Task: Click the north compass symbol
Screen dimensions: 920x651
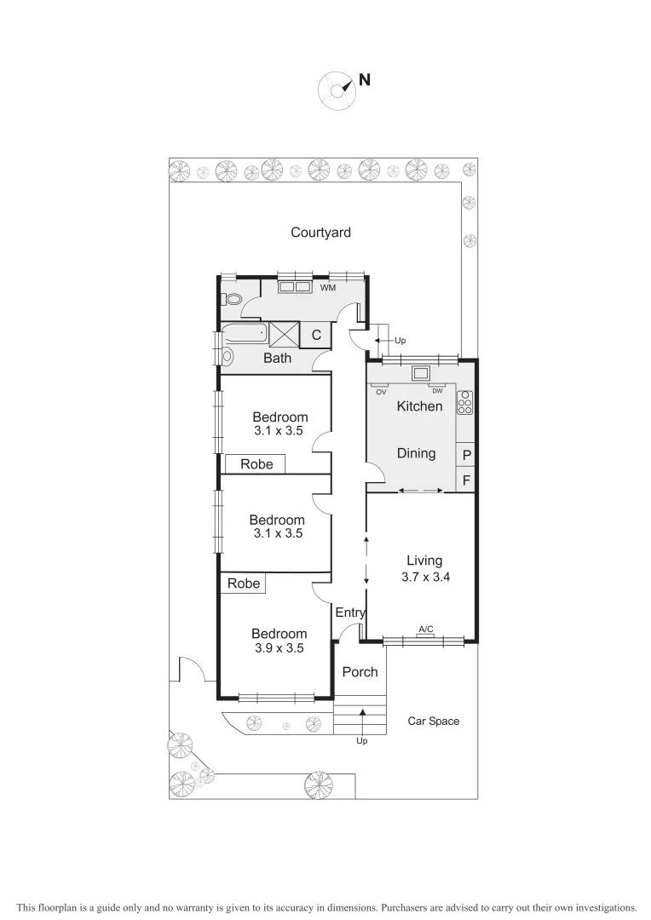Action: coord(337,90)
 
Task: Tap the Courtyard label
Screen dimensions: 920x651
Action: coord(320,232)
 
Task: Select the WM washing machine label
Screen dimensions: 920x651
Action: coord(328,289)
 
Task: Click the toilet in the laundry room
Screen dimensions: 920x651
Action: coord(231,299)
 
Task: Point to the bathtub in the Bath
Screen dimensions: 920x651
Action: coord(243,335)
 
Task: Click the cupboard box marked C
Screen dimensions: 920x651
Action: coord(315,336)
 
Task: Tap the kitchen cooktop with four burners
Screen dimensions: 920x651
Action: coord(465,402)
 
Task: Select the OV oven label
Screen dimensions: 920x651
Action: coord(381,393)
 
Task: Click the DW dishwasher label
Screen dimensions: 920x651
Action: coord(436,393)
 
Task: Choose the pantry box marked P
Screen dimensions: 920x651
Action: coord(466,455)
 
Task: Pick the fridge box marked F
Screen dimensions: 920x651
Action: coord(466,480)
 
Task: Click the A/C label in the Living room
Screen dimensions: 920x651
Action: coord(425,629)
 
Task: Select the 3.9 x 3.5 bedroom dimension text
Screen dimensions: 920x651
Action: coord(279,647)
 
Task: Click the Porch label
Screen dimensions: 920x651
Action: coord(360,672)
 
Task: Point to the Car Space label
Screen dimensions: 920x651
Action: coord(433,721)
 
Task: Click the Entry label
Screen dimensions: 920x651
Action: coord(350,612)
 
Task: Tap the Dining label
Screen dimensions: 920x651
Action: coord(416,453)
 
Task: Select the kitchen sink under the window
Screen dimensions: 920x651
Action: coord(421,372)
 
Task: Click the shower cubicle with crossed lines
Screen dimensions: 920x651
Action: coord(285,335)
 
